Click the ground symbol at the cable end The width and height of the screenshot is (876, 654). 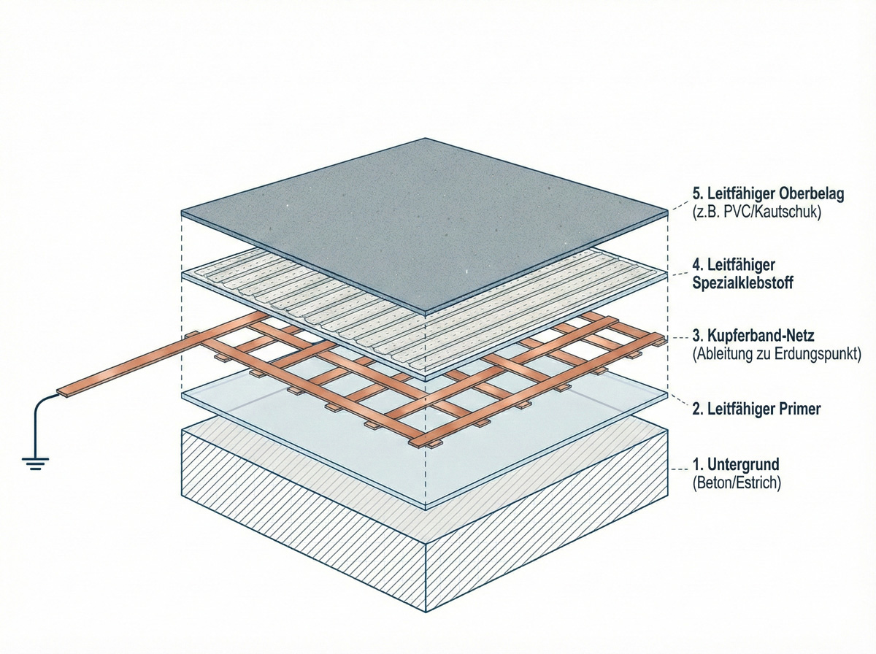[34, 462]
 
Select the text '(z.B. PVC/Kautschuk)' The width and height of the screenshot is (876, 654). [748, 214]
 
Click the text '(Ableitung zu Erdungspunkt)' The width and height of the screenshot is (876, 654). [777, 355]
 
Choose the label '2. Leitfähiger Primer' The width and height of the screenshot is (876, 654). [756, 409]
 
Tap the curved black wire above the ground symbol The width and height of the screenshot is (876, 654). [40, 412]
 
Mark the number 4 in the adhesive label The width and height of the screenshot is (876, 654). [696, 263]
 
